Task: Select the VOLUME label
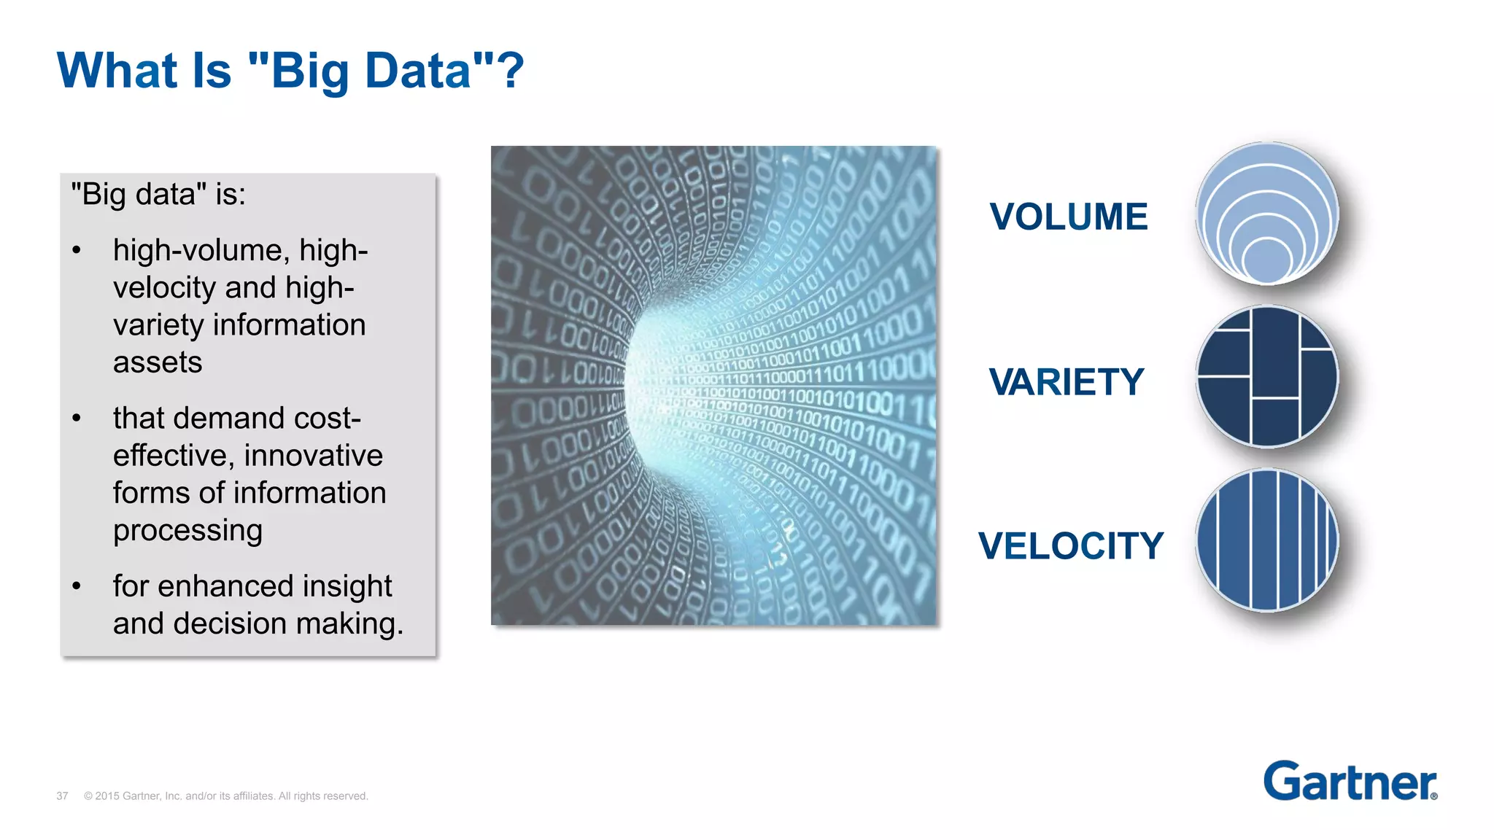point(1068,217)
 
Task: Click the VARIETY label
point(1066,382)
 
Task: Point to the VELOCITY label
point(1070,546)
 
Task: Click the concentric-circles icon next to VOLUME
point(1267,213)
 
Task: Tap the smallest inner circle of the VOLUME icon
point(1267,260)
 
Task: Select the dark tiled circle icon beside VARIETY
point(1267,376)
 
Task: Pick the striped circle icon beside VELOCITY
point(1267,540)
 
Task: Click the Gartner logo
point(1350,782)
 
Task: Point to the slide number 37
point(62,796)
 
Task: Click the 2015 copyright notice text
point(226,796)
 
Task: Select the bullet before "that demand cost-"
point(77,419)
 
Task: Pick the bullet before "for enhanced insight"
point(77,587)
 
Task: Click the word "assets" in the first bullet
point(158,362)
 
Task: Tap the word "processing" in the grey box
point(187,531)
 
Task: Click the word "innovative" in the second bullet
point(314,456)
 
